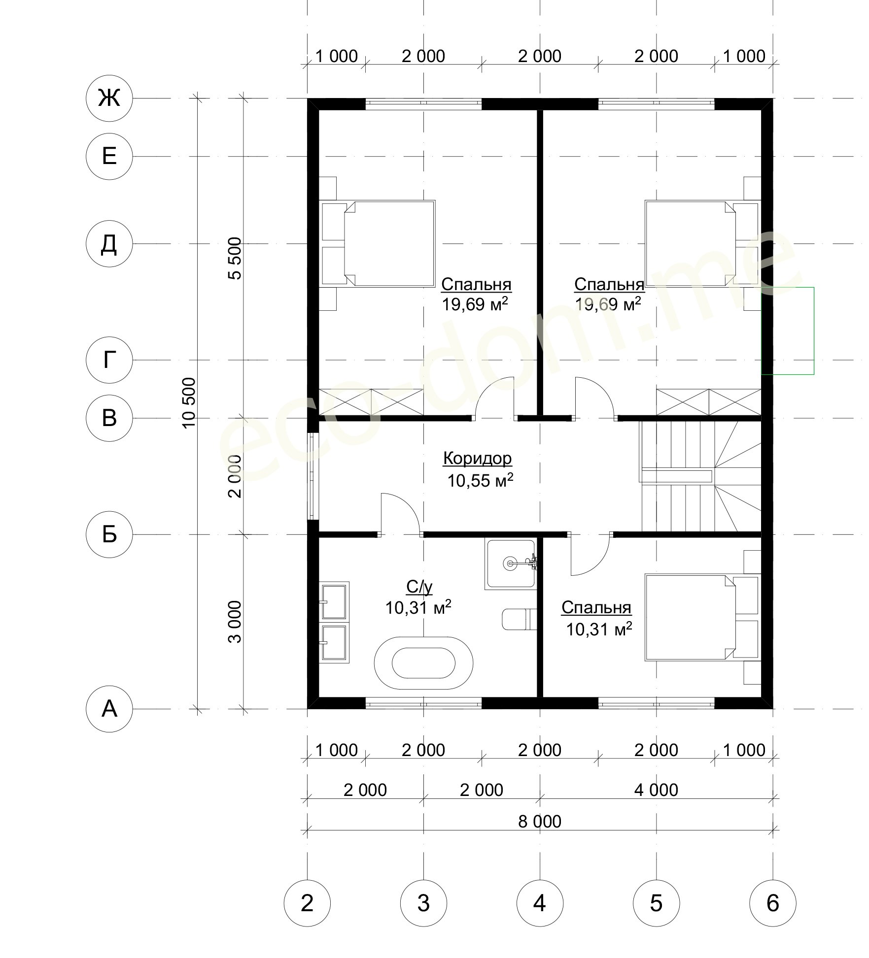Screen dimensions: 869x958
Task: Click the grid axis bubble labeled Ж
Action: pyautogui.click(x=109, y=99)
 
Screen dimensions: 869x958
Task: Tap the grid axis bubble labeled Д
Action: pyautogui.click(x=109, y=244)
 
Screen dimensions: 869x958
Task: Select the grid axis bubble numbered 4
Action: pyautogui.click(x=540, y=903)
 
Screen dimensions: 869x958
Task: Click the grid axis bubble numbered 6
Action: pyautogui.click(x=772, y=903)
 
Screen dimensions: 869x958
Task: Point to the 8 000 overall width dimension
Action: pyautogui.click(x=540, y=822)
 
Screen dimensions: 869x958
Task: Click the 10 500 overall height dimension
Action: pyautogui.click(x=189, y=403)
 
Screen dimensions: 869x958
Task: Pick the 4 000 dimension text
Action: pyautogui.click(x=656, y=790)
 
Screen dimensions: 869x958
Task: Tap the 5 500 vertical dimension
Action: pyautogui.click(x=235, y=259)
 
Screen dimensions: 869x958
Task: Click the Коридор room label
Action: pyautogui.click(x=478, y=458)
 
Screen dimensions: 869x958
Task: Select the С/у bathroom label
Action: pyautogui.click(x=419, y=587)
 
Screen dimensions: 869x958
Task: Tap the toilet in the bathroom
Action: pyautogui.click(x=519, y=619)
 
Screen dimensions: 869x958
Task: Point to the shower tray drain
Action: pyautogui.click(x=509, y=563)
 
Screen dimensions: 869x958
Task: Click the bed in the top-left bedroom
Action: pyautogui.click(x=378, y=243)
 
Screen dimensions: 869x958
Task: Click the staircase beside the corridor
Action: pyautogui.click(x=700, y=476)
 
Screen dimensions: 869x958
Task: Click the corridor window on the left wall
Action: pyautogui.click(x=313, y=476)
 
